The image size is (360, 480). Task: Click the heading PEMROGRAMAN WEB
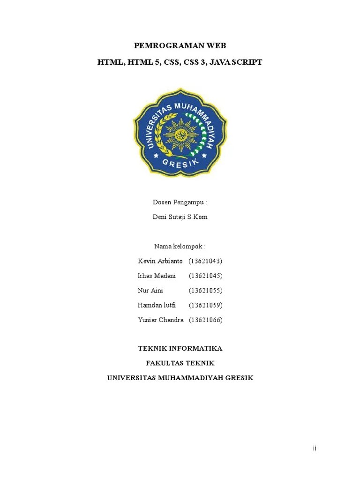coord(180,45)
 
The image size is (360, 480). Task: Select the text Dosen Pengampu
coord(180,202)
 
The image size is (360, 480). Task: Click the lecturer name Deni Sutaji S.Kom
coord(180,217)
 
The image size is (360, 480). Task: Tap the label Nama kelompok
coord(180,247)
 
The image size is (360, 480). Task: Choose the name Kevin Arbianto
coord(160,261)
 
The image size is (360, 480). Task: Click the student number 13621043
coord(205,261)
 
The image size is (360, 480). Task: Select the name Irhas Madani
coord(157,276)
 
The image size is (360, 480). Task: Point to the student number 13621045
coord(205,276)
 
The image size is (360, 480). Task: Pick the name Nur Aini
coord(150,291)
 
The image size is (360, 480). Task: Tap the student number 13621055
coord(205,291)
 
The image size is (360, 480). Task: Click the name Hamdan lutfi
coord(157,305)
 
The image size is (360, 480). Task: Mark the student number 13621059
coord(205,305)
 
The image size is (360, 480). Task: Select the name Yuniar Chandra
coord(160,320)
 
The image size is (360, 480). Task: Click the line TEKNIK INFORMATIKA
coord(180,349)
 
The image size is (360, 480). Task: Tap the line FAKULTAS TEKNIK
coord(180,363)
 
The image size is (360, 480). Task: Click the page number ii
coord(315,449)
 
